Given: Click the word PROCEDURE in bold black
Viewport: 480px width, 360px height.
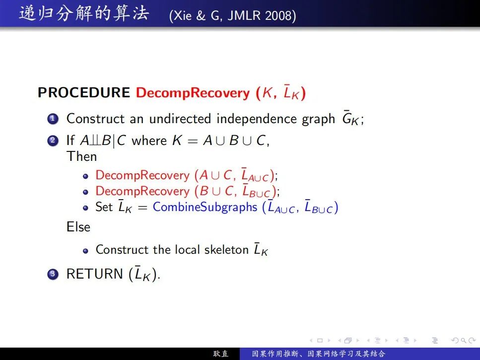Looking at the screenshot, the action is click(83, 92).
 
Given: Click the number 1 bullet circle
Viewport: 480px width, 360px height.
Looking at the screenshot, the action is click(53, 119).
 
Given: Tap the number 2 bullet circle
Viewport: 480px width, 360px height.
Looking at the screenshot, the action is click(53, 141).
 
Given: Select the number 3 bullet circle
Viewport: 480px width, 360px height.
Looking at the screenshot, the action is click(53, 274).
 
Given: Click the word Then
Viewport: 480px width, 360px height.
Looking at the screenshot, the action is click(82, 156).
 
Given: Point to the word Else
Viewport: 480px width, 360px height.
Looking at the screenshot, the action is click(78, 227).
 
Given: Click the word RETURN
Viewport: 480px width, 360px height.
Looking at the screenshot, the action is click(95, 274).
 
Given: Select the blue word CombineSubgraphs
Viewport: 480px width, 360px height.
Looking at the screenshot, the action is click(205, 207).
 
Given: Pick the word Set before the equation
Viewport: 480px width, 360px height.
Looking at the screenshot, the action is click(104, 207).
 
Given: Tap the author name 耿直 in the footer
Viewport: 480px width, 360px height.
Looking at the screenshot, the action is click(221, 354).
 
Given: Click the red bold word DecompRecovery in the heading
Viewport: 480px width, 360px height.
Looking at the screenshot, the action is click(193, 93).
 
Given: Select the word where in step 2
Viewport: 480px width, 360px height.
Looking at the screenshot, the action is click(149, 141).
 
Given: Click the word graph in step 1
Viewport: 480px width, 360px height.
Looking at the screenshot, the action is click(318, 119).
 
